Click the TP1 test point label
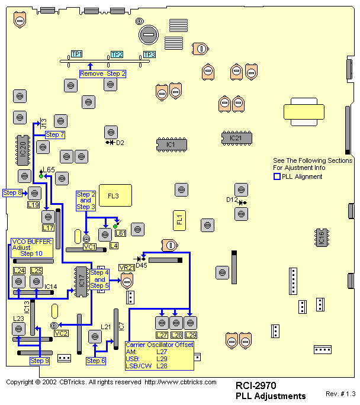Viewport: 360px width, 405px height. tap(76, 54)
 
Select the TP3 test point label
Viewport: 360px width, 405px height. tap(149, 54)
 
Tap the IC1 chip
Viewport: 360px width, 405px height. tap(170, 144)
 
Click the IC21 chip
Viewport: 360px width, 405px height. tap(236, 138)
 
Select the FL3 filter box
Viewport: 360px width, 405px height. tap(113, 195)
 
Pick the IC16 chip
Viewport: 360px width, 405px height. tap(322, 237)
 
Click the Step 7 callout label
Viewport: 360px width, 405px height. tap(54, 135)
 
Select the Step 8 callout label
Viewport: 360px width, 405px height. tap(12, 193)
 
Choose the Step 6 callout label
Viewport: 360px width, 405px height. tap(96, 361)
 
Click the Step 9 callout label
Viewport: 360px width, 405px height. tap(40, 361)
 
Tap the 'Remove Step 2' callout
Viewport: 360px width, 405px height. tap(103, 73)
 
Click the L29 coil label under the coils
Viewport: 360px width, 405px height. tap(190, 335)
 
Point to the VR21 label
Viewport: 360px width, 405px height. tap(126, 268)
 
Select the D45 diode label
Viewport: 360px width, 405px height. tap(141, 265)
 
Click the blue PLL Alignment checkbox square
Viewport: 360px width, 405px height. tap(277, 176)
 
